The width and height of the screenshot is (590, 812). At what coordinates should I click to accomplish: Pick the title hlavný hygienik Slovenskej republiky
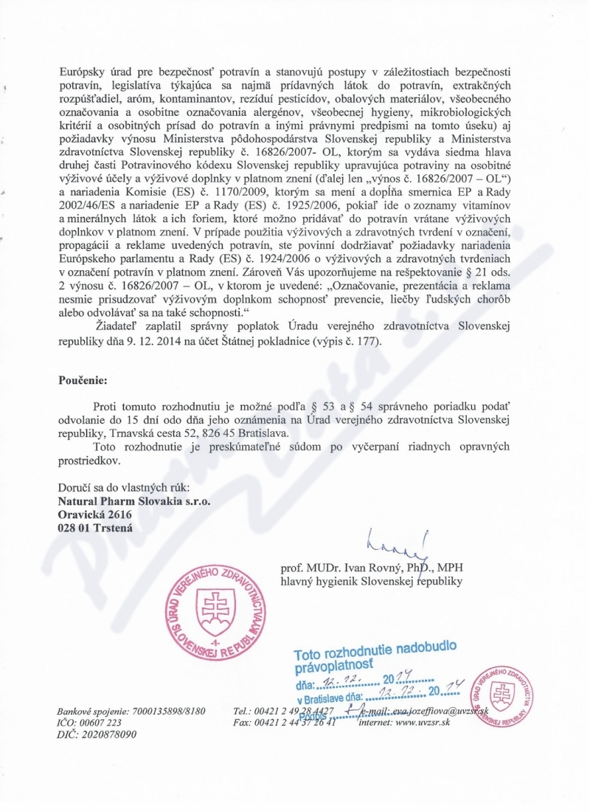[371, 582]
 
